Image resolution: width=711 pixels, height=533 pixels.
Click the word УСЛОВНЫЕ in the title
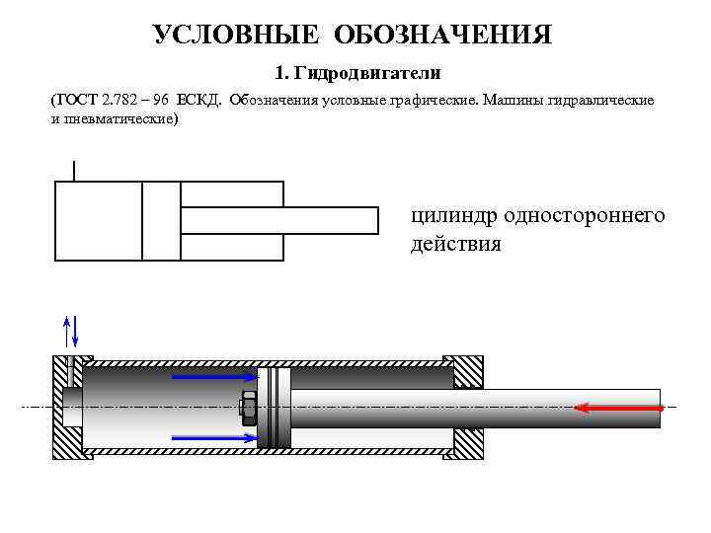point(237,36)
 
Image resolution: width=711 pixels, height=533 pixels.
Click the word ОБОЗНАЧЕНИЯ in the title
point(441,36)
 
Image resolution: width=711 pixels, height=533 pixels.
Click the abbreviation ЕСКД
point(199,101)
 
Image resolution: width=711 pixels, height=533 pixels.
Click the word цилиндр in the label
point(452,216)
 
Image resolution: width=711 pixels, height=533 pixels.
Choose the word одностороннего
point(584,216)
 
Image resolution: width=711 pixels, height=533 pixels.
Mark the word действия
point(455,243)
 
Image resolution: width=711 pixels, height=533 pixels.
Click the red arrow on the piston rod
point(618,407)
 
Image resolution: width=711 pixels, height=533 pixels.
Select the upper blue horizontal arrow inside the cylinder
point(215,375)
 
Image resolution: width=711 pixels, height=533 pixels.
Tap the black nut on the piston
point(249,407)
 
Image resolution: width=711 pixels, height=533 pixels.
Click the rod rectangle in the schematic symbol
point(279,220)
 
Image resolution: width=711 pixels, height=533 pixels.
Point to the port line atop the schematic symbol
point(74,170)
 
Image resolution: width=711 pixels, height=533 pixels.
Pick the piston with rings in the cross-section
point(275,407)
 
